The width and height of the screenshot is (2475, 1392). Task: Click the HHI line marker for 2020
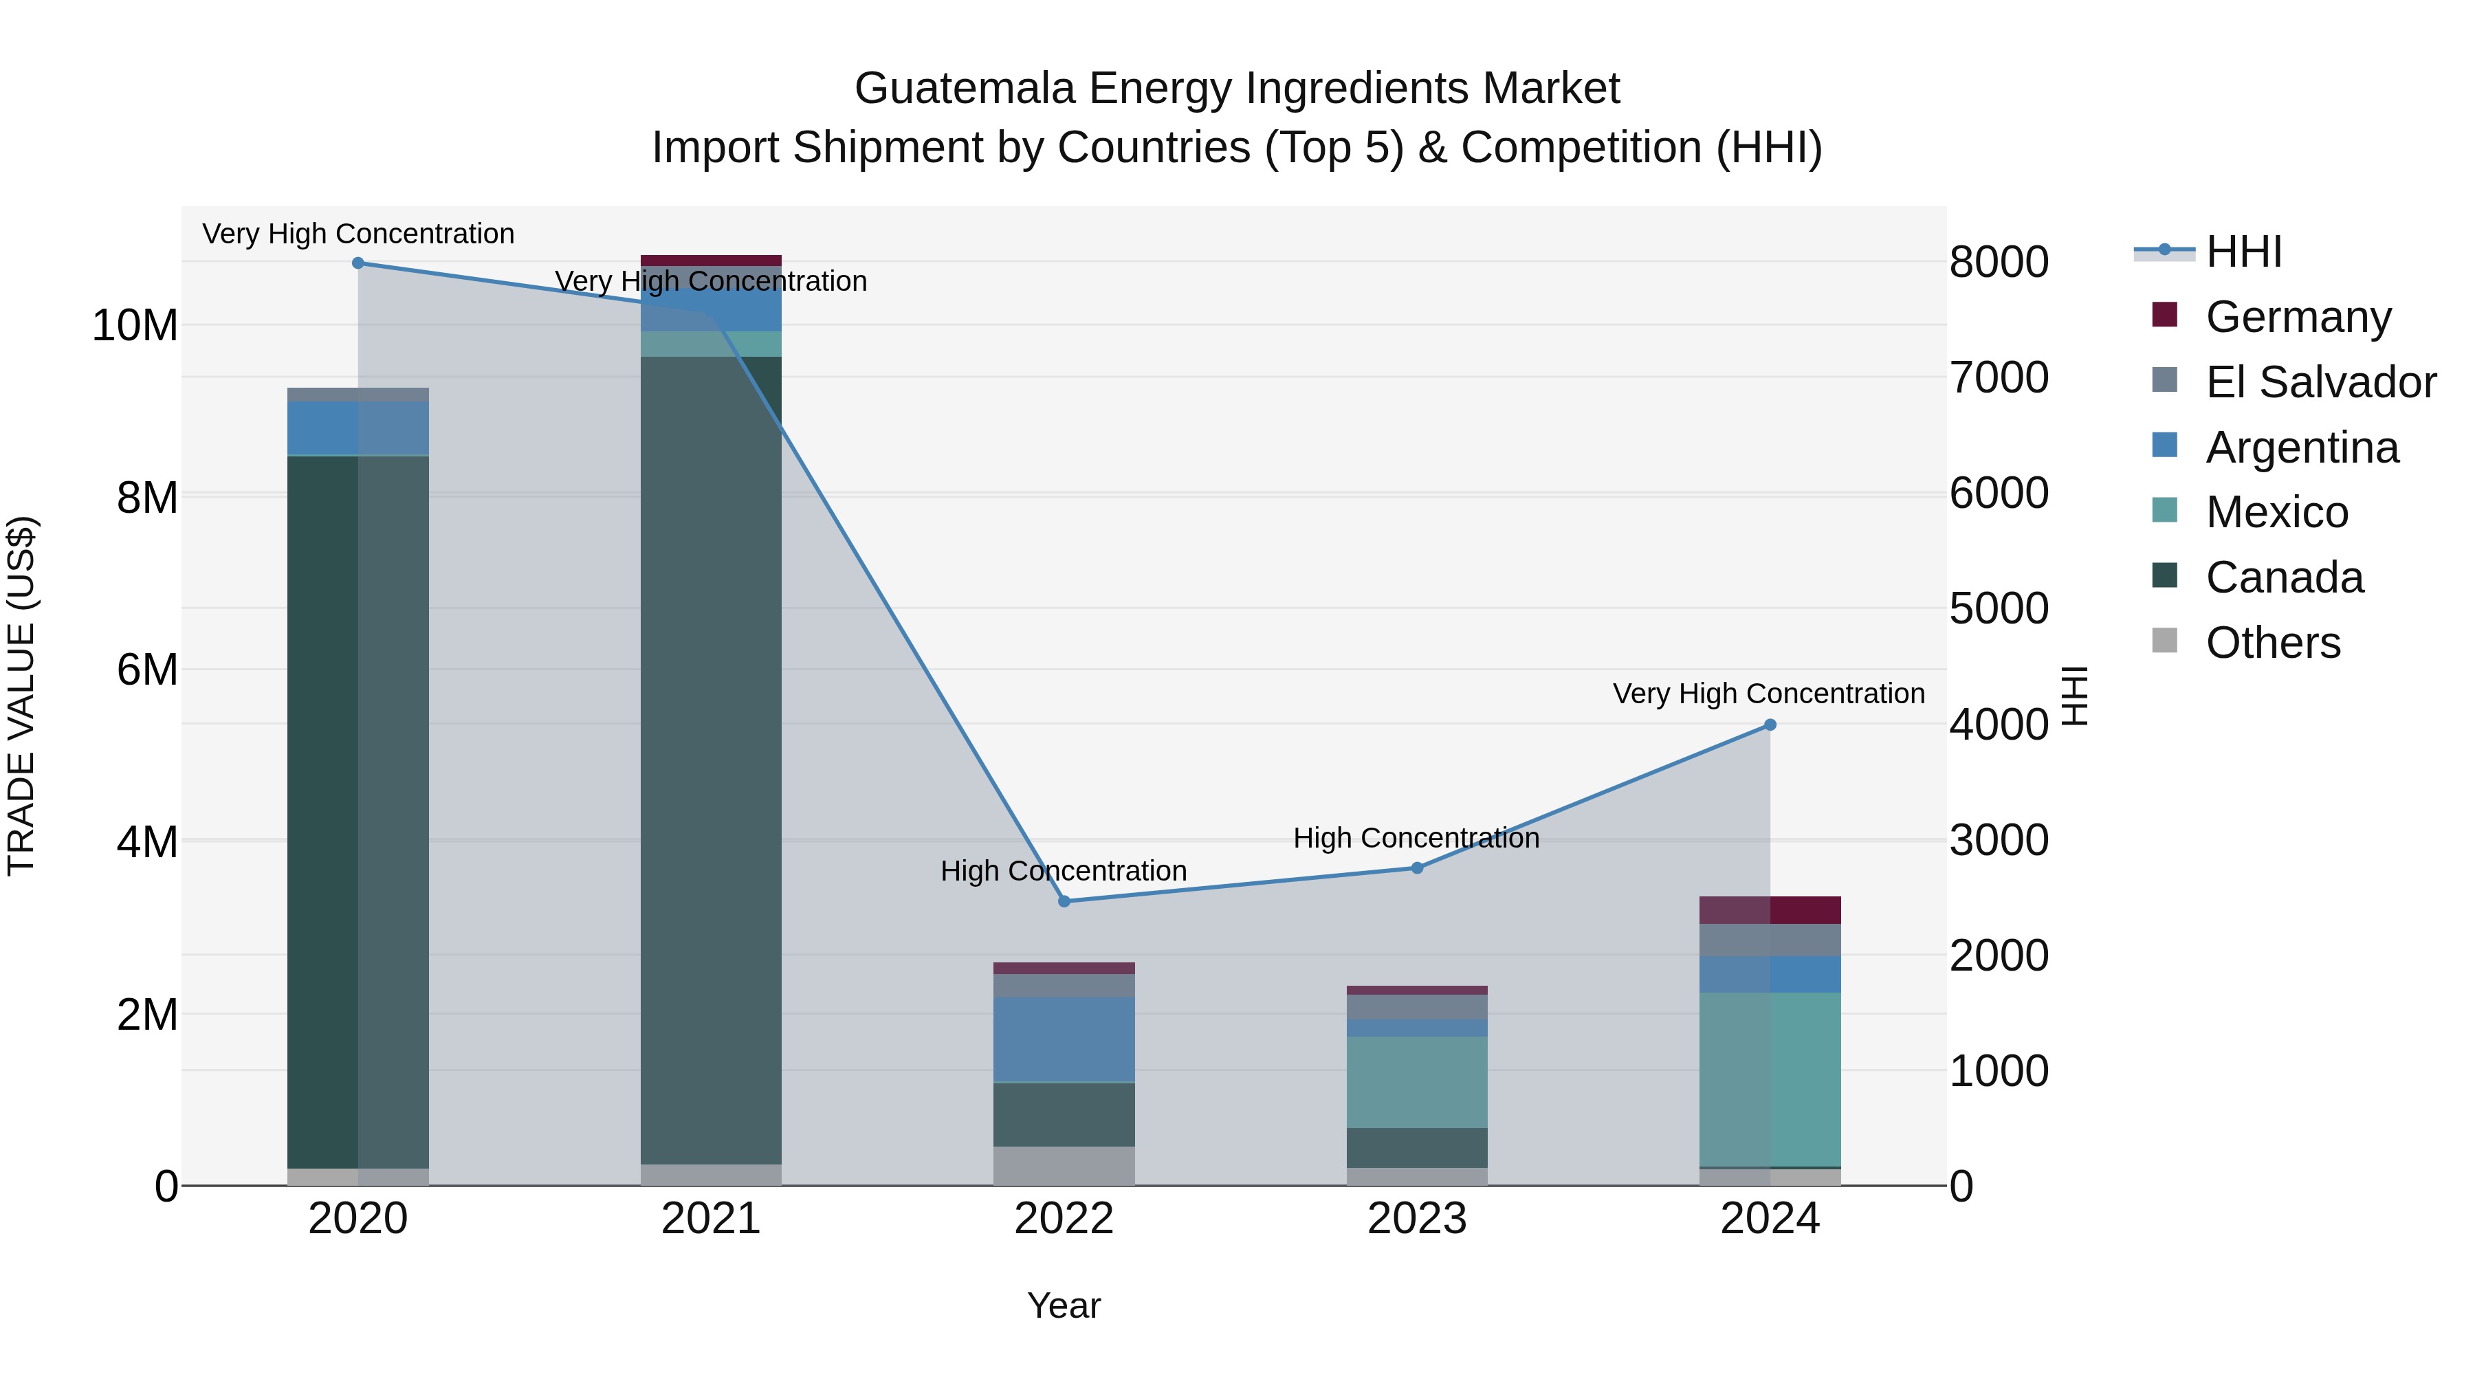tap(358, 263)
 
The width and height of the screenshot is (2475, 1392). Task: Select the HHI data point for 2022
tap(1064, 902)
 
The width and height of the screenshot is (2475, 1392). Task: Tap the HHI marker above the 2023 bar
tap(1417, 868)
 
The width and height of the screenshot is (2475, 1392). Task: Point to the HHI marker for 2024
tap(1770, 725)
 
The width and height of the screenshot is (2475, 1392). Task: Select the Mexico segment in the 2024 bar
tap(1770, 1080)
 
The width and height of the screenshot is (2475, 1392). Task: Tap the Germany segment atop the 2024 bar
tap(1770, 909)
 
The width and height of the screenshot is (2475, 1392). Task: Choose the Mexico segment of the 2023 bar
tap(1417, 1082)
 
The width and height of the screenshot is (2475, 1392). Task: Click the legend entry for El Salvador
tap(2320, 382)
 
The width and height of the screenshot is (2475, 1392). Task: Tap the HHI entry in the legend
tap(2243, 252)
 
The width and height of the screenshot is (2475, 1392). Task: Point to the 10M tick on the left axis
tap(135, 326)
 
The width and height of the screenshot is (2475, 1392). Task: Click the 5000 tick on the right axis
tap(1999, 608)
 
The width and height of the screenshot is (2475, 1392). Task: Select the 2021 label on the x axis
tap(711, 1219)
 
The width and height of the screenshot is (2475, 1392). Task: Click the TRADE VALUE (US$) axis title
tap(21, 696)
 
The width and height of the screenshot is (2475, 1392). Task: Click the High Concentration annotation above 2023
tap(1416, 838)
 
